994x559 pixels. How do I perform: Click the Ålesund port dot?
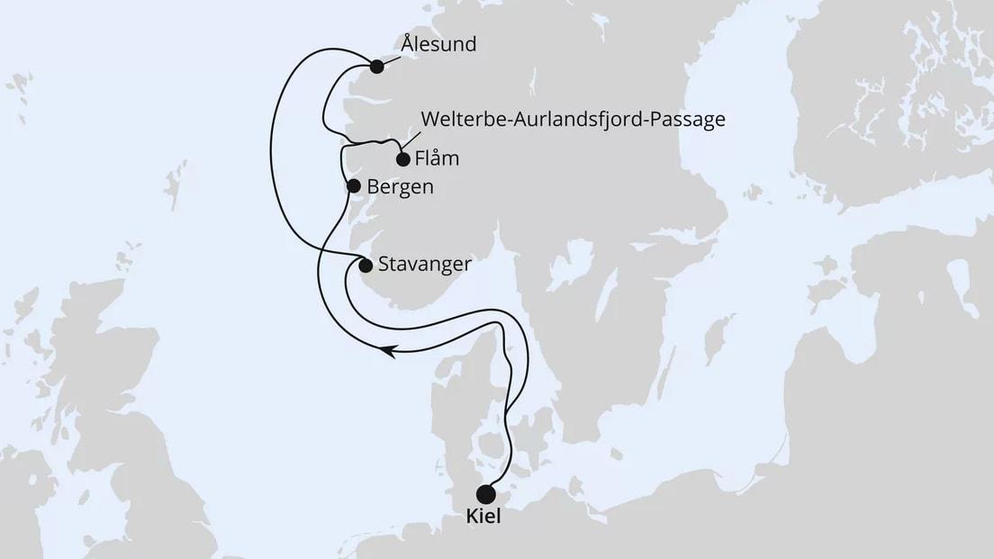click(x=376, y=66)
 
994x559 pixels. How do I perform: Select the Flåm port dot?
click(x=402, y=159)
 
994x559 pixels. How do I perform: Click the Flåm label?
click(x=438, y=158)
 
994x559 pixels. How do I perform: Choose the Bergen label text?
click(x=401, y=187)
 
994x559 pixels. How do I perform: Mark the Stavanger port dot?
click(x=366, y=266)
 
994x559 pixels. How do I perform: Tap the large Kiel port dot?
click(x=486, y=494)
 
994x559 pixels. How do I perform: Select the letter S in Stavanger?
click(x=384, y=266)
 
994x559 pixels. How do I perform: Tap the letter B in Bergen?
click(x=374, y=187)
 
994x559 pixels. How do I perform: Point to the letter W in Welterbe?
click(x=429, y=120)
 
